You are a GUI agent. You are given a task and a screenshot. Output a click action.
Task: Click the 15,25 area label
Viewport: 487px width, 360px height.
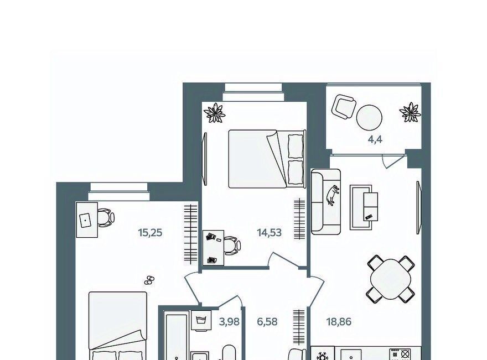click(x=151, y=232)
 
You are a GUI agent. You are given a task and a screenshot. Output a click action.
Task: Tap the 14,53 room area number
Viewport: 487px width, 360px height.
click(x=270, y=232)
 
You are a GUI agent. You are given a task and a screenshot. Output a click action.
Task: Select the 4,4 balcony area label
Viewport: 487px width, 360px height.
click(x=375, y=140)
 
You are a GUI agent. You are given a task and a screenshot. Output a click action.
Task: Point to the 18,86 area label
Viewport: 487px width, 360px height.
click(x=339, y=322)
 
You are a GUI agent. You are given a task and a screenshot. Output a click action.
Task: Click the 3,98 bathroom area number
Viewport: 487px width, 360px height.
click(x=229, y=322)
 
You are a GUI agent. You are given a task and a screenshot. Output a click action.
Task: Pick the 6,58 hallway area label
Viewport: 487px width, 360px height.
click(x=267, y=322)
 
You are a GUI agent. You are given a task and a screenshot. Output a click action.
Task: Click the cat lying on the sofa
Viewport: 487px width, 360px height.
click(x=333, y=195)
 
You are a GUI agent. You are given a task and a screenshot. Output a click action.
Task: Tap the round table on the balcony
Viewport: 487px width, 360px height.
click(x=369, y=118)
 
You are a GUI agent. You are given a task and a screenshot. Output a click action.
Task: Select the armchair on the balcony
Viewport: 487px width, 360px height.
click(x=344, y=106)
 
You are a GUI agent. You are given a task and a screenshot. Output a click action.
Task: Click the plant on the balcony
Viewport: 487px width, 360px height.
click(x=410, y=112)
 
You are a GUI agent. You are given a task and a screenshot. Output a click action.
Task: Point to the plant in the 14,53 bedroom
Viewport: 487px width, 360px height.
click(x=214, y=113)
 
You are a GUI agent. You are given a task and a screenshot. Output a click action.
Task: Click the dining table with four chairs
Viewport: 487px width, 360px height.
click(x=391, y=279)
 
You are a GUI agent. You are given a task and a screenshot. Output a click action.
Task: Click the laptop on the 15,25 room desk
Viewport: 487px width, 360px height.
click(x=85, y=220)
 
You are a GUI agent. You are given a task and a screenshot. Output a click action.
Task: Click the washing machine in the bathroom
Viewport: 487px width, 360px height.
click(x=201, y=321)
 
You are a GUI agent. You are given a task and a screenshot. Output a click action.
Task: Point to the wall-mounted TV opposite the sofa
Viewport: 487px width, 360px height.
click(x=419, y=207)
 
